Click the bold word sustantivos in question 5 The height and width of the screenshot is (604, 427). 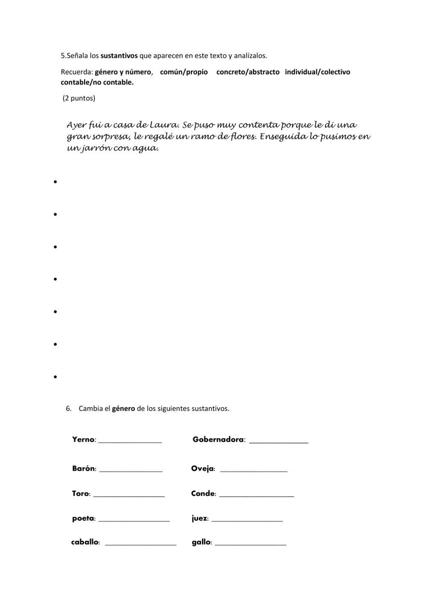119,56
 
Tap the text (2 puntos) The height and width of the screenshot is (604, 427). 79,98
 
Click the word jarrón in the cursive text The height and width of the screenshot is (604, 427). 94,149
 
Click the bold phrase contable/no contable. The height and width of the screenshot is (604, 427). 97,82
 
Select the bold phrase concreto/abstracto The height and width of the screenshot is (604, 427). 248,72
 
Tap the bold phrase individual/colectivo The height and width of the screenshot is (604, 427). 317,72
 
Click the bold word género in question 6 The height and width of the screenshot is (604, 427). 123,408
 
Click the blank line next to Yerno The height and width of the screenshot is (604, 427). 130,441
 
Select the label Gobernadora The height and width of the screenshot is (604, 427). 218,439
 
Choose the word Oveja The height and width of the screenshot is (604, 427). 202,469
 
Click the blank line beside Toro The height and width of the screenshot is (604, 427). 129,495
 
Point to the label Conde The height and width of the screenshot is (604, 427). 203,494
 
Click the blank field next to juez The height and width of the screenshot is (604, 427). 247,519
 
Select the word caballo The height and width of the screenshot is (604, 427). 85,542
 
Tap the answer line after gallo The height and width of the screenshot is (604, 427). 250,543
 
